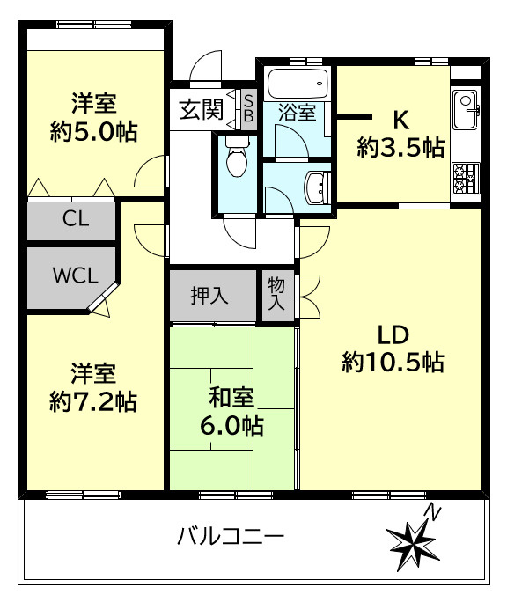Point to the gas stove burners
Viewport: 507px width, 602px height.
[464, 178]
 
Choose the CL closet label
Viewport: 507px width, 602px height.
[75, 220]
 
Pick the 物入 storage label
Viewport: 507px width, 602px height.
[276, 294]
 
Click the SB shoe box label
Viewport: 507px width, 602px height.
[248, 109]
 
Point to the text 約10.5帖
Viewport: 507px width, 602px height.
[393, 361]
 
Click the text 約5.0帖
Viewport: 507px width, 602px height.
[93, 132]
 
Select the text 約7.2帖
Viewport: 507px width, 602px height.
[93, 401]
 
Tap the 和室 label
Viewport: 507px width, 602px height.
[229, 399]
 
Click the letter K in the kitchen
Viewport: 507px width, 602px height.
[400, 118]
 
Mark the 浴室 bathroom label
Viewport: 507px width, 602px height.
[298, 113]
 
